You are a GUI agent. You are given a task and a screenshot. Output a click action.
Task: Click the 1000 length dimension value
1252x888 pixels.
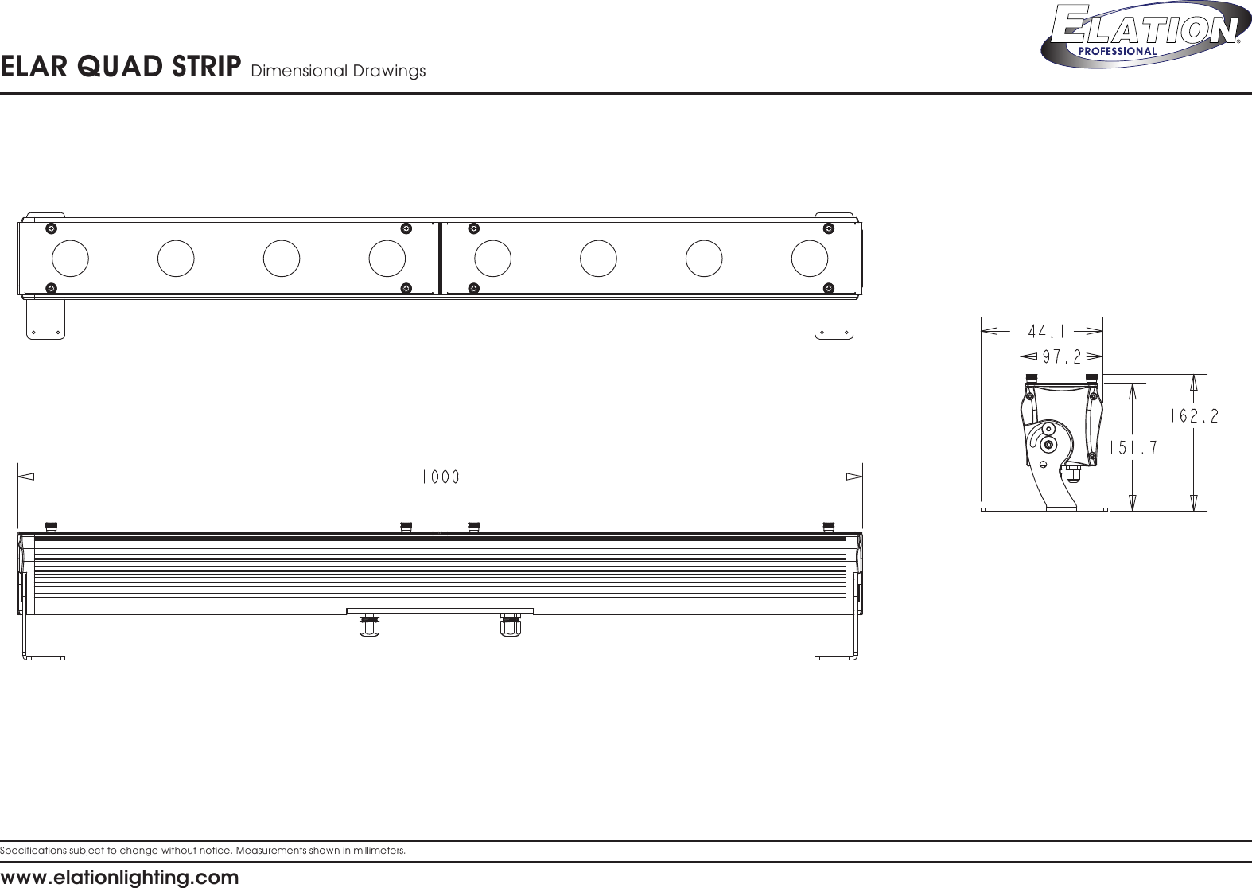440,477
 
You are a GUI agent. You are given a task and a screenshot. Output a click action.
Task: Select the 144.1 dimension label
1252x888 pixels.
1041,329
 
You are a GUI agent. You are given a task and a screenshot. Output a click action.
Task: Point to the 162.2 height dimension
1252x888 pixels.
1195,416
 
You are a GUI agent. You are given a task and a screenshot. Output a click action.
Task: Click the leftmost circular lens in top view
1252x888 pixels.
70,258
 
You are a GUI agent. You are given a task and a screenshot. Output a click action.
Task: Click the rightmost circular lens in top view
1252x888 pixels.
810,258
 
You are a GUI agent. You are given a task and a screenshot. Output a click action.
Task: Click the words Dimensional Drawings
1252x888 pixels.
338,72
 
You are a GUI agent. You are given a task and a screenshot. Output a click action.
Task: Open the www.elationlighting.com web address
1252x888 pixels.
119,878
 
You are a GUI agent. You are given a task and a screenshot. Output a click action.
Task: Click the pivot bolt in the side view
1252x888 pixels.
1049,444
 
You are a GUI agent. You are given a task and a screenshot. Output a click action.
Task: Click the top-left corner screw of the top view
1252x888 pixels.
51,228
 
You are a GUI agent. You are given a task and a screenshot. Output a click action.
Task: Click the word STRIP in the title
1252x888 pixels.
208,68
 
